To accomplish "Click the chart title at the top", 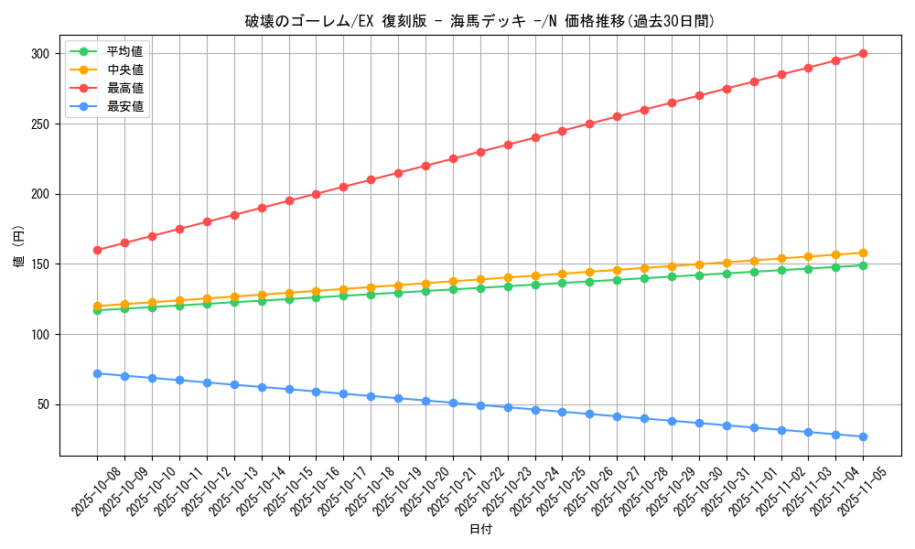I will (x=479, y=21).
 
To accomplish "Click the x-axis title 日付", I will (x=479, y=530).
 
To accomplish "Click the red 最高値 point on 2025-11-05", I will (x=863, y=54).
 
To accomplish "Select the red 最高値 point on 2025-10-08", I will (x=97, y=250).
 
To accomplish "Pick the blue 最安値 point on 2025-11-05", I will (x=863, y=436).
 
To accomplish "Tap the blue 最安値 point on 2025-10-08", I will (x=97, y=373).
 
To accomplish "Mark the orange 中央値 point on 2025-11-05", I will (x=863, y=253).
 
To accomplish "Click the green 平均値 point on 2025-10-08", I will (x=97, y=310).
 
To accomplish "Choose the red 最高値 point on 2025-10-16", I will (x=316, y=194).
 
